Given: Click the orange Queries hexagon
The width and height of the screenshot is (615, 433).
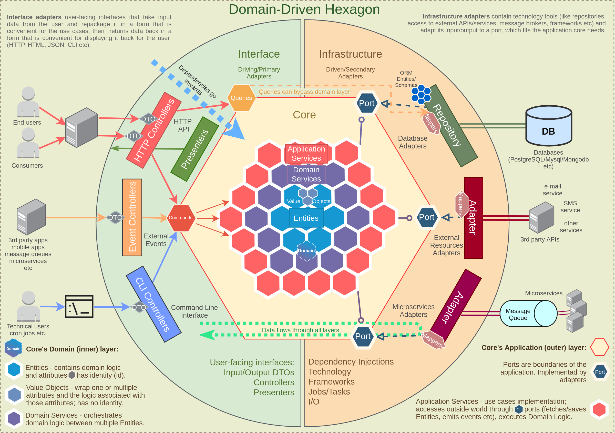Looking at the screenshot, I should coord(241,98).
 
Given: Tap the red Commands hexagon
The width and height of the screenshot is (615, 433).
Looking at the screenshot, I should coord(181,218).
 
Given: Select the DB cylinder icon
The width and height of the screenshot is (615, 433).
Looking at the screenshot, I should coord(549,126).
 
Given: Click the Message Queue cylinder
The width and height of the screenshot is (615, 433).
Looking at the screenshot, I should coord(528,314).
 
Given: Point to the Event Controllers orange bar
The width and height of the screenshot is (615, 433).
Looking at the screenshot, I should coord(132,217).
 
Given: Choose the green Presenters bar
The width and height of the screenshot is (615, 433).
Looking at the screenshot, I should coord(195,149).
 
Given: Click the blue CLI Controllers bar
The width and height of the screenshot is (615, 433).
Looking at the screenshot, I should coord(153,304).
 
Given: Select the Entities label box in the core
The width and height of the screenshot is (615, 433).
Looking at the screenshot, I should coord(306,218).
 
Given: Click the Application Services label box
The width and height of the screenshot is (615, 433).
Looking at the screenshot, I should coord(306,154).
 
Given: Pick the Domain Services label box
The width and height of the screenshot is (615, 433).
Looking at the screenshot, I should coord(306,174).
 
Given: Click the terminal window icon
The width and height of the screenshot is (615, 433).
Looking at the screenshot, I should coord(79,307).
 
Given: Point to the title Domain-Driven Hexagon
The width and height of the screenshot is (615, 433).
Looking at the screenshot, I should coord(304,9).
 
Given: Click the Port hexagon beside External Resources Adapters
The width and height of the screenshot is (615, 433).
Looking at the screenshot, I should coord(426,217).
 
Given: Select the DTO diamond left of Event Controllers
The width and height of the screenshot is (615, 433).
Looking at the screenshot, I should coord(115,218).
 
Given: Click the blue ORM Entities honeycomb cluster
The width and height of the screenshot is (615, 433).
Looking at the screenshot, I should coord(421,94).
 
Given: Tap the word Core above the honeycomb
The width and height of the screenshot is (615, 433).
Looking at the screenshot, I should coord(304,115).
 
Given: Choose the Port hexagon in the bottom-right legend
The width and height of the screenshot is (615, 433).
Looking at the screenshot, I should coord(600,372).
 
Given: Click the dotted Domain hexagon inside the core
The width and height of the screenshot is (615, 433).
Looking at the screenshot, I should coord(306,251).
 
